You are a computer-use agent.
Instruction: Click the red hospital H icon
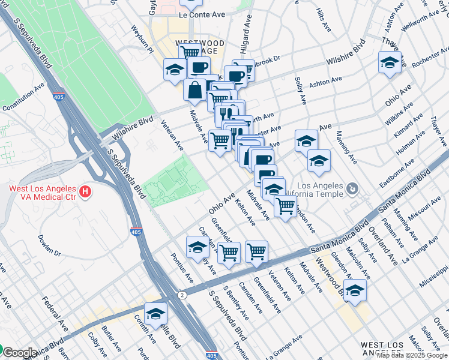pyautogui.click(x=86, y=193)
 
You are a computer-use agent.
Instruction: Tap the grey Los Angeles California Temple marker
pyautogui.click(x=353, y=190)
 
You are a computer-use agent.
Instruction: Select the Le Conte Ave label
pyautogui.click(x=202, y=13)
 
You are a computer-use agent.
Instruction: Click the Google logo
pyautogui.click(x=20, y=353)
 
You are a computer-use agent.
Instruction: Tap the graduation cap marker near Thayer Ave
pyautogui.click(x=390, y=62)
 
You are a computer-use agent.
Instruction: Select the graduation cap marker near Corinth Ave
pyautogui.click(x=156, y=314)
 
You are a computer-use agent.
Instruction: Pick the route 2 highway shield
pyautogui.click(x=181, y=295)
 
